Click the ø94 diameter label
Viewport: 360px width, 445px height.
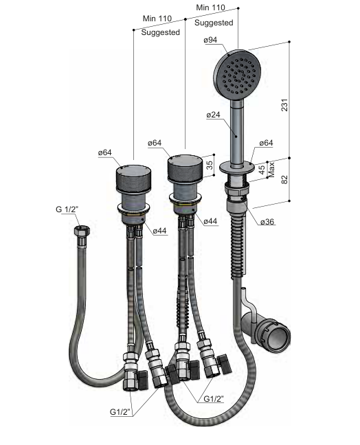[210, 40]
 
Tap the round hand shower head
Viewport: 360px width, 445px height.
[237, 75]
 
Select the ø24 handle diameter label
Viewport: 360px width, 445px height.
[214, 115]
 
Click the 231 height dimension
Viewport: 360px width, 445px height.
[284, 104]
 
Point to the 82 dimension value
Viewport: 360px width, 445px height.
[284, 179]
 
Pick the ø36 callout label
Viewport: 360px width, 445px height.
[267, 221]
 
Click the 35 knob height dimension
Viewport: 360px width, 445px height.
[210, 166]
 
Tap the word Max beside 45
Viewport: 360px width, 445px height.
[271, 170]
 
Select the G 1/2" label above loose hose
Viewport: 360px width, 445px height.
[67, 209]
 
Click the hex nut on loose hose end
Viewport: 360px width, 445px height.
[82, 230]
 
